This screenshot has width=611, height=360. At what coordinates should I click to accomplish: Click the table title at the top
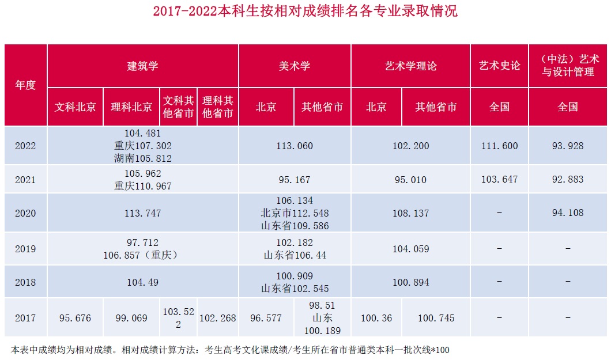click(x=305, y=12)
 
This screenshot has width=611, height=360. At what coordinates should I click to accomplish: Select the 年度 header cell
click(x=25, y=85)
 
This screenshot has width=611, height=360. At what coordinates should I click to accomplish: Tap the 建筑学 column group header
click(x=142, y=66)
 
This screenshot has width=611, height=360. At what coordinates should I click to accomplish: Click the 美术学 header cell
click(x=295, y=66)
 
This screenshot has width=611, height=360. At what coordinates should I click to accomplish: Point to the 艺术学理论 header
click(x=410, y=66)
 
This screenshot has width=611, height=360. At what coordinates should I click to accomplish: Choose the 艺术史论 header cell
click(x=499, y=66)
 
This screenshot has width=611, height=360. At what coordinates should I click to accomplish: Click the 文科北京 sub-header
click(x=76, y=107)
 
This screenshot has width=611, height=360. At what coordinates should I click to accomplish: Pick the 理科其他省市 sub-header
click(x=218, y=107)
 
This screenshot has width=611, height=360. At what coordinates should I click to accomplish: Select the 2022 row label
click(x=25, y=146)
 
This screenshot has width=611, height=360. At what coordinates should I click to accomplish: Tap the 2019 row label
click(x=25, y=249)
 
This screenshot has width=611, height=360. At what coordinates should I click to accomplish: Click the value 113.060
click(x=295, y=146)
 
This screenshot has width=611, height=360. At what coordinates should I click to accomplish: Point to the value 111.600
click(x=499, y=146)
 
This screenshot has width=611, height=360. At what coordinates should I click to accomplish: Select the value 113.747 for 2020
click(x=142, y=213)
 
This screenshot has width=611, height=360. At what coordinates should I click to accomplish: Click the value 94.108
click(x=567, y=213)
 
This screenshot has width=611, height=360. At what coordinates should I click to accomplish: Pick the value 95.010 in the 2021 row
click(x=410, y=180)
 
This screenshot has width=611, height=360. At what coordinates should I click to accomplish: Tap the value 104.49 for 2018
click(x=142, y=282)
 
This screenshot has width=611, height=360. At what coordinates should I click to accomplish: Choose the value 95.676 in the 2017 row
click(x=76, y=318)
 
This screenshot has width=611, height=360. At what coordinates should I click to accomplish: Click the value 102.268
click(x=218, y=318)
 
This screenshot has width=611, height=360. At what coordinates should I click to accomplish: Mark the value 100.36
click(x=376, y=318)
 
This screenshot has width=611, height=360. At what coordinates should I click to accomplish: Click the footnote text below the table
click(x=230, y=350)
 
